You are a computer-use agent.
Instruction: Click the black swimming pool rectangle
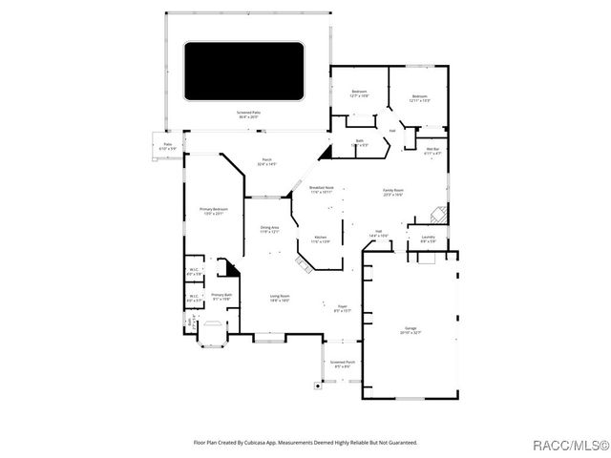[242, 71]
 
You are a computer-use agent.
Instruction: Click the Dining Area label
[269, 229]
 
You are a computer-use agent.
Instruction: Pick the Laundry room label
[428, 239]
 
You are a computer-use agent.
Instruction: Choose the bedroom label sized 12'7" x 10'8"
[359, 94]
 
